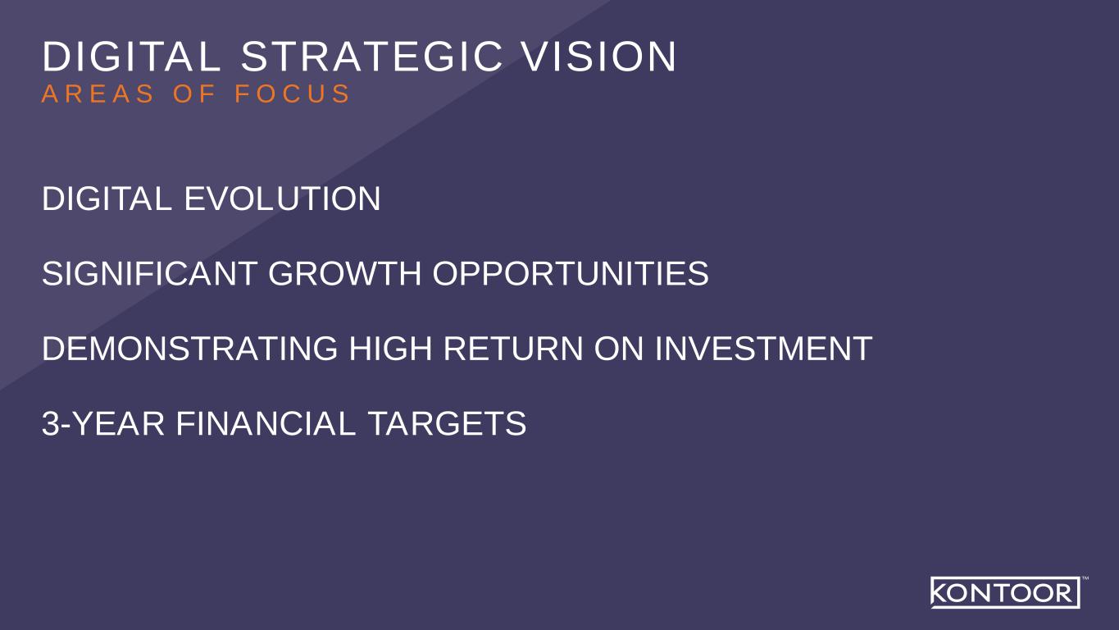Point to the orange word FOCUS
[293, 94]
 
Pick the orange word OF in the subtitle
[194, 94]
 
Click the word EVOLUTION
[282, 199]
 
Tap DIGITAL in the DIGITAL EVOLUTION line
[107, 199]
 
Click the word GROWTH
[344, 274]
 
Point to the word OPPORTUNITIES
[570, 274]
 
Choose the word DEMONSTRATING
[189, 349]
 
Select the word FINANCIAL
[266, 424]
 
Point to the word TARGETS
[446, 424]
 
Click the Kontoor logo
[1004, 592]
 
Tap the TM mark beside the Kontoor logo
[1085, 579]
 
